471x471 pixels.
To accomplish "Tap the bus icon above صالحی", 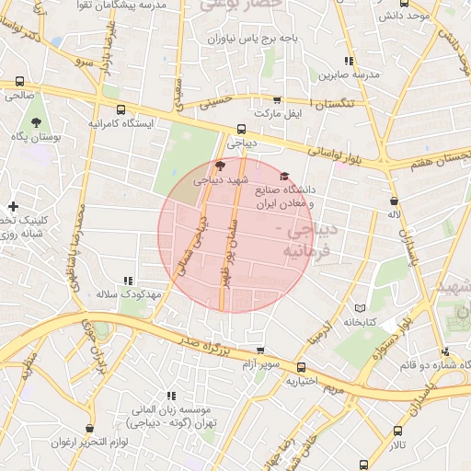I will pyautogui.click(x=20, y=81).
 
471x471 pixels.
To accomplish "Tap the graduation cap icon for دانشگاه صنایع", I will pyautogui.click(x=284, y=177).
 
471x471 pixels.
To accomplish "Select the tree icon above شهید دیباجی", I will pyautogui.click(x=218, y=166).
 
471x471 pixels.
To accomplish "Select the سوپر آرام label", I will pyautogui.click(x=260, y=365).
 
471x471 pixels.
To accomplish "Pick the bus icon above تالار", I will pyautogui.click(x=398, y=430).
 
